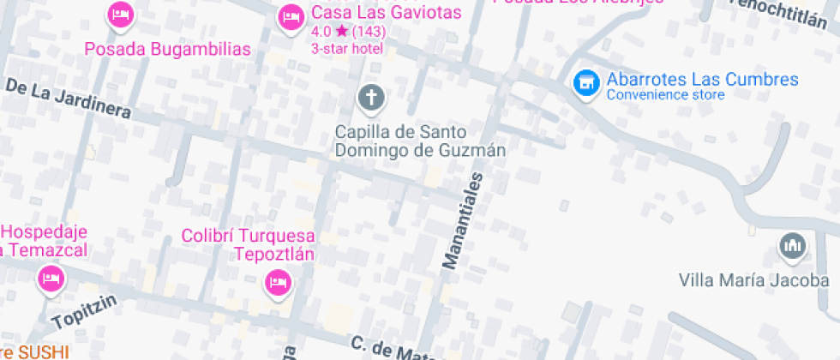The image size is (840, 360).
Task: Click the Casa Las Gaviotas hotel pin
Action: pyautogui.click(x=291, y=16)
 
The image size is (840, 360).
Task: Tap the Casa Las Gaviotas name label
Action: pyautogui.click(x=387, y=13)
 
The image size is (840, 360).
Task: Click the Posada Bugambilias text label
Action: pyautogui.click(x=167, y=49)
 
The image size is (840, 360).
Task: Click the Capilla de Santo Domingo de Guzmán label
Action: pyautogui.click(x=419, y=141)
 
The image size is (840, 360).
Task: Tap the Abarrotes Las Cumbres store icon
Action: pyautogui.click(x=586, y=83)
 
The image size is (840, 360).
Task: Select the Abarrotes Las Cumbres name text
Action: pyautogui.click(x=703, y=80)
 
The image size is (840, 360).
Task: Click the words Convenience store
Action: pyautogui.click(x=665, y=95)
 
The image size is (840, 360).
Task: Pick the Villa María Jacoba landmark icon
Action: pyautogui.click(x=791, y=247)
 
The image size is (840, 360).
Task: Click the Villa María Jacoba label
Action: pyautogui.click(x=753, y=280)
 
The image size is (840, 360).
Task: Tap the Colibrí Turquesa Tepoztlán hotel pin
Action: pyautogui.click(x=278, y=281)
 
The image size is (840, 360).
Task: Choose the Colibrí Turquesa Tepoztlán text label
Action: pyautogui.click(x=249, y=244)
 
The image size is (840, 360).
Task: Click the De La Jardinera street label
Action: pyautogui.click(x=69, y=99)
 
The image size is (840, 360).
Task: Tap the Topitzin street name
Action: pyautogui.click(x=82, y=319)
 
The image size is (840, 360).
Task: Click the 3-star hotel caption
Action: pyautogui.click(x=347, y=48)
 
